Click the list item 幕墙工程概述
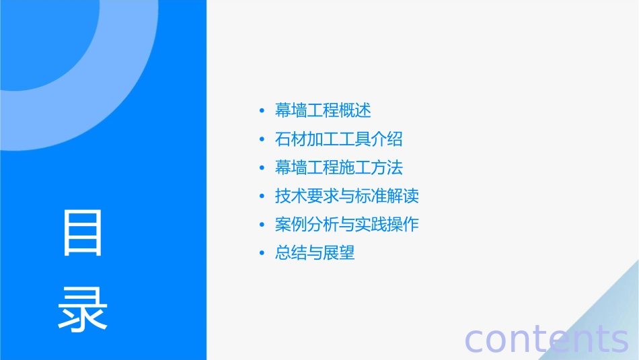point(323,110)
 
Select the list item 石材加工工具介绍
point(338,139)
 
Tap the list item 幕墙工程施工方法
point(338,168)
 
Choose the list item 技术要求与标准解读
point(346,196)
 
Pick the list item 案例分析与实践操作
point(346,225)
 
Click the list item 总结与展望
point(314,254)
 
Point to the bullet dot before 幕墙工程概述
point(262,111)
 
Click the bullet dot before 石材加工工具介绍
point(262,140)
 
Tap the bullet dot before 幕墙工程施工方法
point(262,168)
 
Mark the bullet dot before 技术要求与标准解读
point(262,197)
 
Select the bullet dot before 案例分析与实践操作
point(262,225)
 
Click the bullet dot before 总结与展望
point(262,254)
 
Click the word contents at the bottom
point(547,338)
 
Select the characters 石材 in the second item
point(291,139)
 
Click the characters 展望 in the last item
point(338,254)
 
